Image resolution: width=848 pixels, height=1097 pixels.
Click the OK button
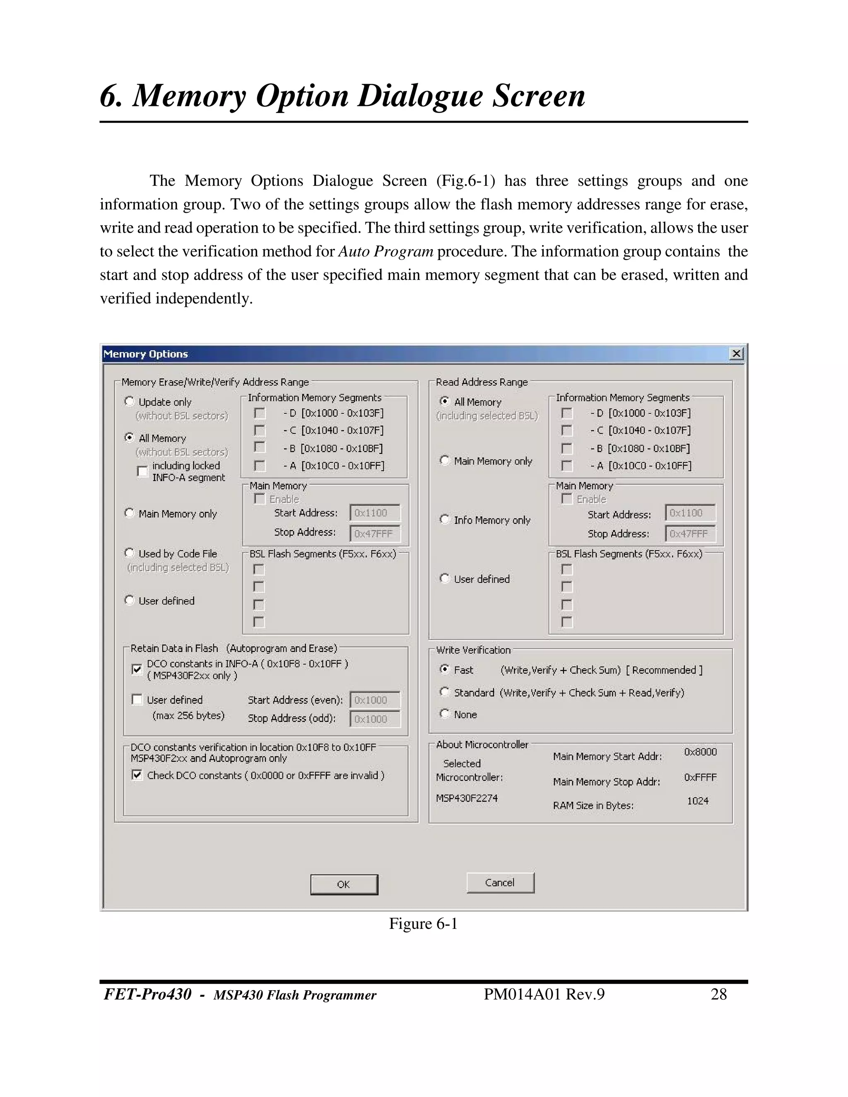point(344,885)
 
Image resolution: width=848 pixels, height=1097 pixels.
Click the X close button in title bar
point(736,354)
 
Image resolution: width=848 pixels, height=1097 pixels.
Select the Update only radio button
point(130,401)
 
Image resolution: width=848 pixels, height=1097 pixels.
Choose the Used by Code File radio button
point(130,553)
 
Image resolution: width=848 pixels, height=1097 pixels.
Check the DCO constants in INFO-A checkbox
point(137,669)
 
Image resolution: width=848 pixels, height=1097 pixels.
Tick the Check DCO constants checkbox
point(137,775)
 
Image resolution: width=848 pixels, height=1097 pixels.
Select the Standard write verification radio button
point(445,692)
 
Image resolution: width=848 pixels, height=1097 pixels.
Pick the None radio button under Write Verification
point(445,714)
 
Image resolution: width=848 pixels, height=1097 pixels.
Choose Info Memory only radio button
point(445,520)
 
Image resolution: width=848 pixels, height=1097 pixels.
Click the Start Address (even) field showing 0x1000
point(374,700)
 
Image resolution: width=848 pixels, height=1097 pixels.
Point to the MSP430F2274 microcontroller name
point(467,798)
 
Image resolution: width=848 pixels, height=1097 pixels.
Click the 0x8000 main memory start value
point(700,752)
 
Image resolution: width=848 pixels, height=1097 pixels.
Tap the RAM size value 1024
point(698,801)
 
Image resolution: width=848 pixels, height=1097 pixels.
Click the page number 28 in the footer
point(718,994)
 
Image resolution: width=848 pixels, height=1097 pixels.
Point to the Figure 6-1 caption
point(423,924)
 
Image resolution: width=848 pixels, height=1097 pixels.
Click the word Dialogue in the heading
point(419,96)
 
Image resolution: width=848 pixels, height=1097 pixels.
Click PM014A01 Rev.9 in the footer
point(544,994)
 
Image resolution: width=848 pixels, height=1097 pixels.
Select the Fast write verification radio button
point(445,669)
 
